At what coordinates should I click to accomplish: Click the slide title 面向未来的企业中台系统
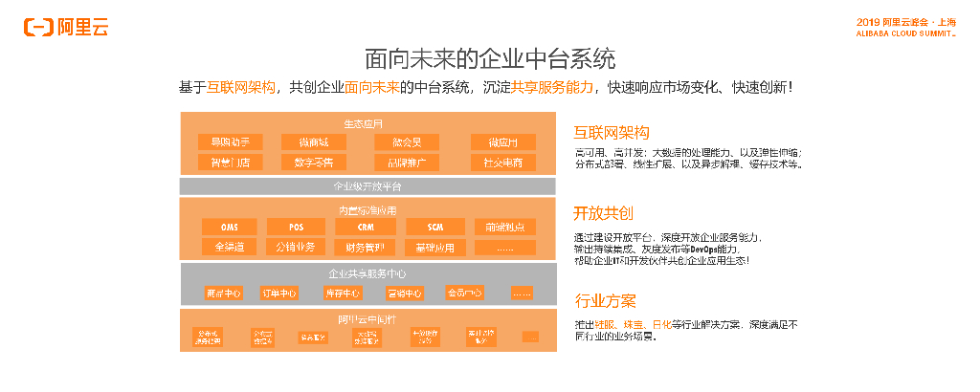tap(490, 58)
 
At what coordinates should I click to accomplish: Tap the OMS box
tap(230, 227)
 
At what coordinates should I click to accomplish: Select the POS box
tap(298, 227)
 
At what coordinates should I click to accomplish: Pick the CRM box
tap(366, 227)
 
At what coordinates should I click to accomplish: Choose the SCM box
tap(434, 227)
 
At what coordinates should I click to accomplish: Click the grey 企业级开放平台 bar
tap(368, 185)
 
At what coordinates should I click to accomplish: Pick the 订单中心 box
tap(280, 293)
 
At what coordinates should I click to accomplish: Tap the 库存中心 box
tap(342, 293)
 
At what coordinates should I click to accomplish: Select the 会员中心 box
tap(464, 293)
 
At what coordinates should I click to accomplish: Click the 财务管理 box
tap(366, 247)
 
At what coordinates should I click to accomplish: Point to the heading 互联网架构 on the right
tap(612, 132)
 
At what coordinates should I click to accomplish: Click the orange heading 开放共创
tap(604, 212)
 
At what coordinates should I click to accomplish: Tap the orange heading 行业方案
tap(604, 301)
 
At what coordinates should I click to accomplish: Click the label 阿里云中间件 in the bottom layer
tap(368, 317)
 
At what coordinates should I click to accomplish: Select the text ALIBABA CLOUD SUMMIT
tap(905, 33)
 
